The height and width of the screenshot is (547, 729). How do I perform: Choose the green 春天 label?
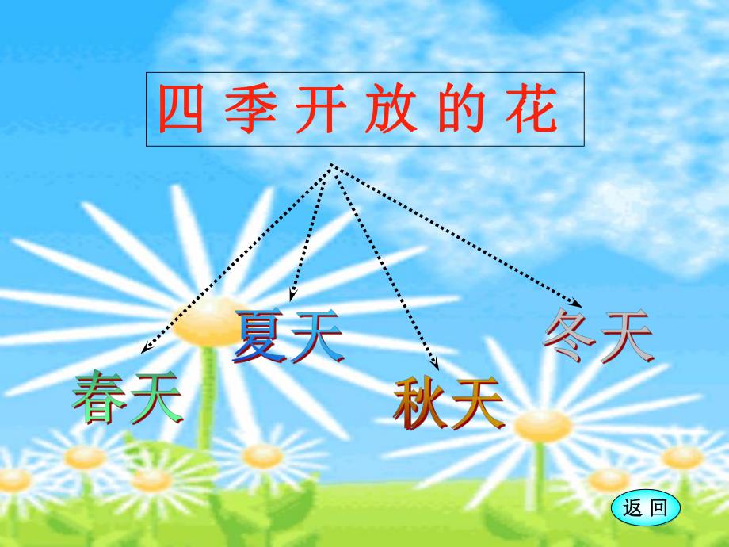pyautogui.click(x=127, y=396)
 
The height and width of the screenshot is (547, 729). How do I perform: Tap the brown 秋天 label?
pyautogui.click(x=449, y=404)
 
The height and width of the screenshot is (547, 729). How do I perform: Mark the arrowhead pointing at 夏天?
pyautogui.click(x=292, y=296)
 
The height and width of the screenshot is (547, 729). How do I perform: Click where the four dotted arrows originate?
pyautogui.click(x=331, y=167)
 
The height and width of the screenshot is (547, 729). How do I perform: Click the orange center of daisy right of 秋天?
pyautogui.click(x=542, y=427)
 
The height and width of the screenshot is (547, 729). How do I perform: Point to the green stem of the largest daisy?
pyautogui.click(x=207, y=396)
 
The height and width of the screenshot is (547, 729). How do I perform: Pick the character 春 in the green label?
pyautogui.click(x=99, y=396)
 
